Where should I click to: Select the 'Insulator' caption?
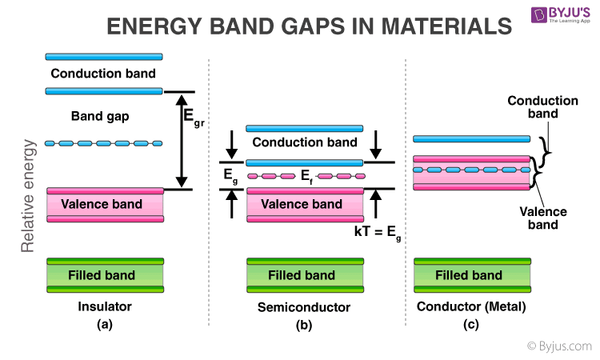(104, 306)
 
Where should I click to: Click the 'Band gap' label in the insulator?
(100, 116)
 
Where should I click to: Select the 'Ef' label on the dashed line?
(306, 177)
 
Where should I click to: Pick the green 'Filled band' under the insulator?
(105, 274)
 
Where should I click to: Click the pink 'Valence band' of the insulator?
(105, 204)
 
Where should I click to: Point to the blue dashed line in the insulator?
(104, 143)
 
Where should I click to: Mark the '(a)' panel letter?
(104, 326)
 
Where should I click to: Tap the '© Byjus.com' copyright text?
(559, 346)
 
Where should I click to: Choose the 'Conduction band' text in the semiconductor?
(305, 143)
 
